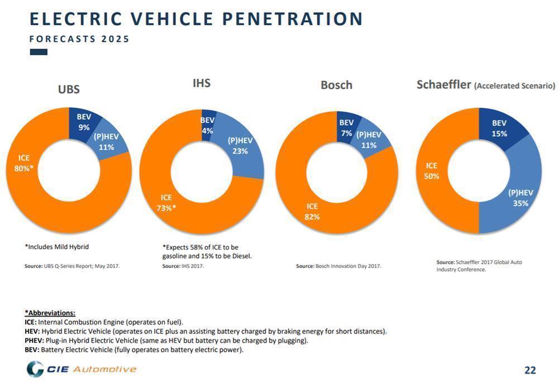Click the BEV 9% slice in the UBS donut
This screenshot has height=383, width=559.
(84, 122)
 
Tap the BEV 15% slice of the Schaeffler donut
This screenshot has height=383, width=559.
(499, 128)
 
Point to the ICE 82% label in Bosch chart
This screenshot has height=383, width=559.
(312, 212)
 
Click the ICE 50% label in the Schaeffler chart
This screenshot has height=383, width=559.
(432, 171)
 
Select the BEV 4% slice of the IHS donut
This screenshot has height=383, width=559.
(207, 125)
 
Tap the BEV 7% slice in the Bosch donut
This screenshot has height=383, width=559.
(346, 128)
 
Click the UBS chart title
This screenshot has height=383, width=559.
(69, 89)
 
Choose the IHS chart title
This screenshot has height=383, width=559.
(201, 83)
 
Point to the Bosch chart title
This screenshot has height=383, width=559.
(336, 85)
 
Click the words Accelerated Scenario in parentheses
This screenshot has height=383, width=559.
(514, 87)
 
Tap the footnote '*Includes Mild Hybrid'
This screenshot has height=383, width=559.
(56, 246)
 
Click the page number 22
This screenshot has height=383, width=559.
(529, 370)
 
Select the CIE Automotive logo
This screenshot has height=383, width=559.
(82, 369)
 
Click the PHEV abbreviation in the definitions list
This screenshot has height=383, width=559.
(28, 341)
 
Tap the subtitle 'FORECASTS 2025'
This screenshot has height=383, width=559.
(79, 39)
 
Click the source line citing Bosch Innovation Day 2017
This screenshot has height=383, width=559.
(338, 266)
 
